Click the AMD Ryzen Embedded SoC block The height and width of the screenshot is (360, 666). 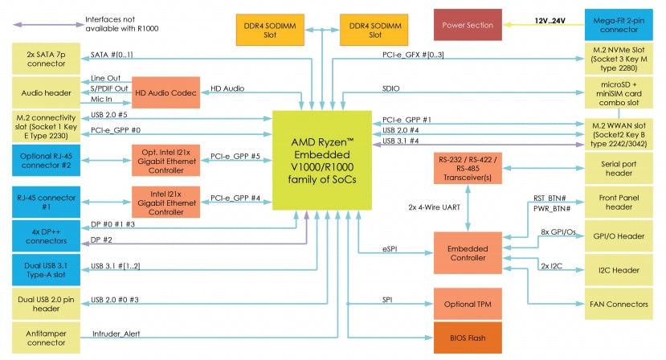(x=321, y=159)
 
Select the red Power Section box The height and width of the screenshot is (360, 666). (x=468, y=25)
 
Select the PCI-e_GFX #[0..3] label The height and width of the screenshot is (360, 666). (x=413, y=55)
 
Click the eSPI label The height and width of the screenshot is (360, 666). (x=390, y=250)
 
